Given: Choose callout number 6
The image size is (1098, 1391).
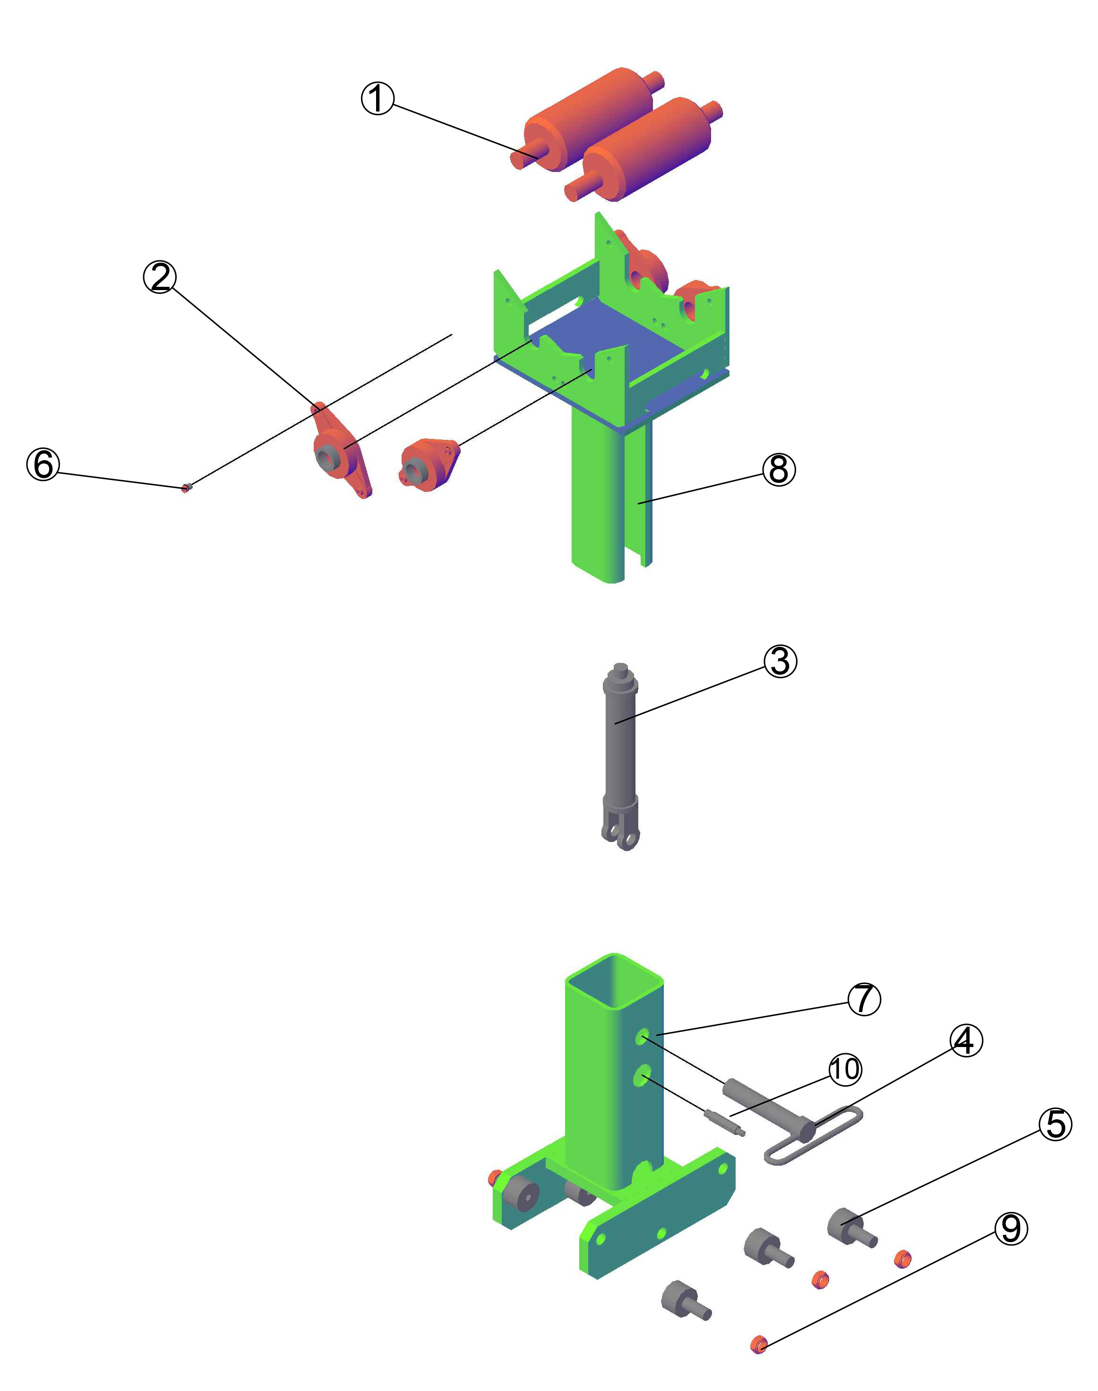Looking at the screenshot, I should (x=43, y=464).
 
